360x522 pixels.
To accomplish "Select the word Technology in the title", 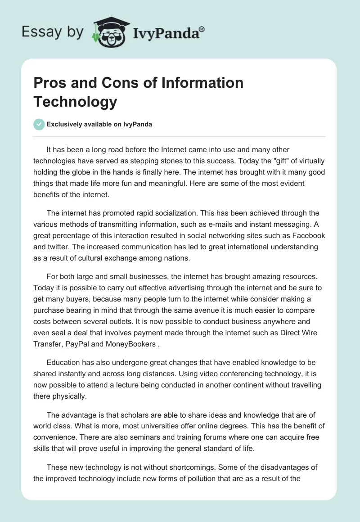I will (x=75, y=102).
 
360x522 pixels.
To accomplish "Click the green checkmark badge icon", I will (x=39, y=124).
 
